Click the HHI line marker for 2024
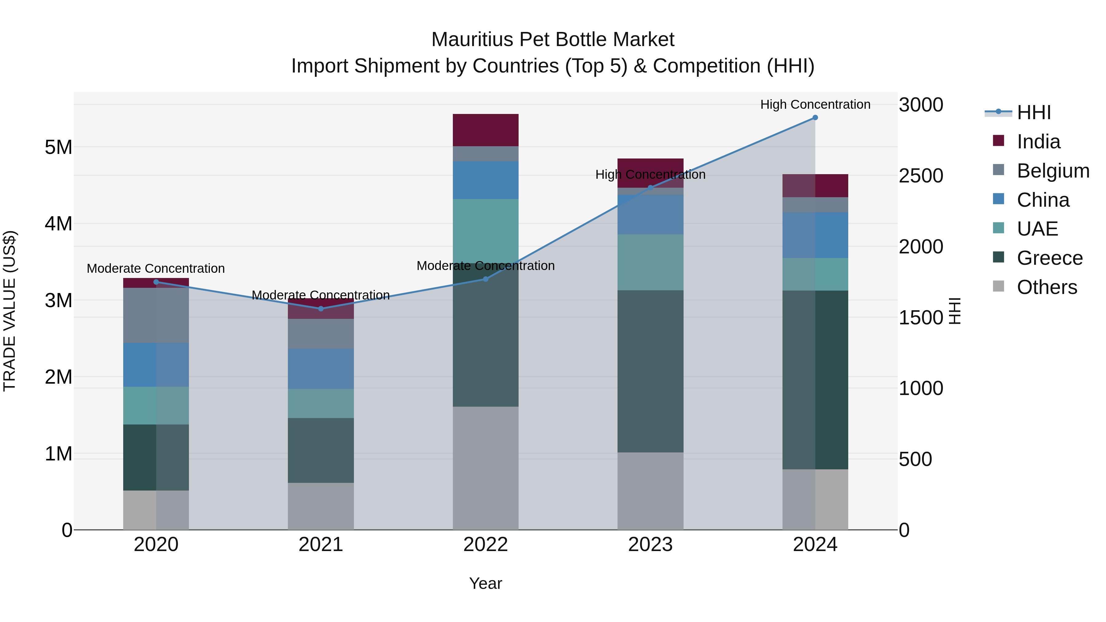tap(815, 118)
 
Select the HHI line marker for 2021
tap(321, 309)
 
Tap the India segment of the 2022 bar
tap(486, 130)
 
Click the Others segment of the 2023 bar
tap(650, 491)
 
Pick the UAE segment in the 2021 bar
tap(321, 404)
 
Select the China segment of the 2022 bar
tap(486, 180)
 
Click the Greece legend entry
tap(1049, 258)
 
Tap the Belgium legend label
tap(1053, 171)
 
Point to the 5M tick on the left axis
tap(58, 147)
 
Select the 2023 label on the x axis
tap(650, 545)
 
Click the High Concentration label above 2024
tap(815, 104)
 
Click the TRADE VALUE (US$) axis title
tap(10, 311)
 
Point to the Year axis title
tap(486, 583)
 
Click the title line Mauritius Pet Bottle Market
tap(553, 40)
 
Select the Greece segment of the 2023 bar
tap(650, 371)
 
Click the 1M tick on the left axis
tap(58, 454)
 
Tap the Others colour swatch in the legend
tap(998, 286)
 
